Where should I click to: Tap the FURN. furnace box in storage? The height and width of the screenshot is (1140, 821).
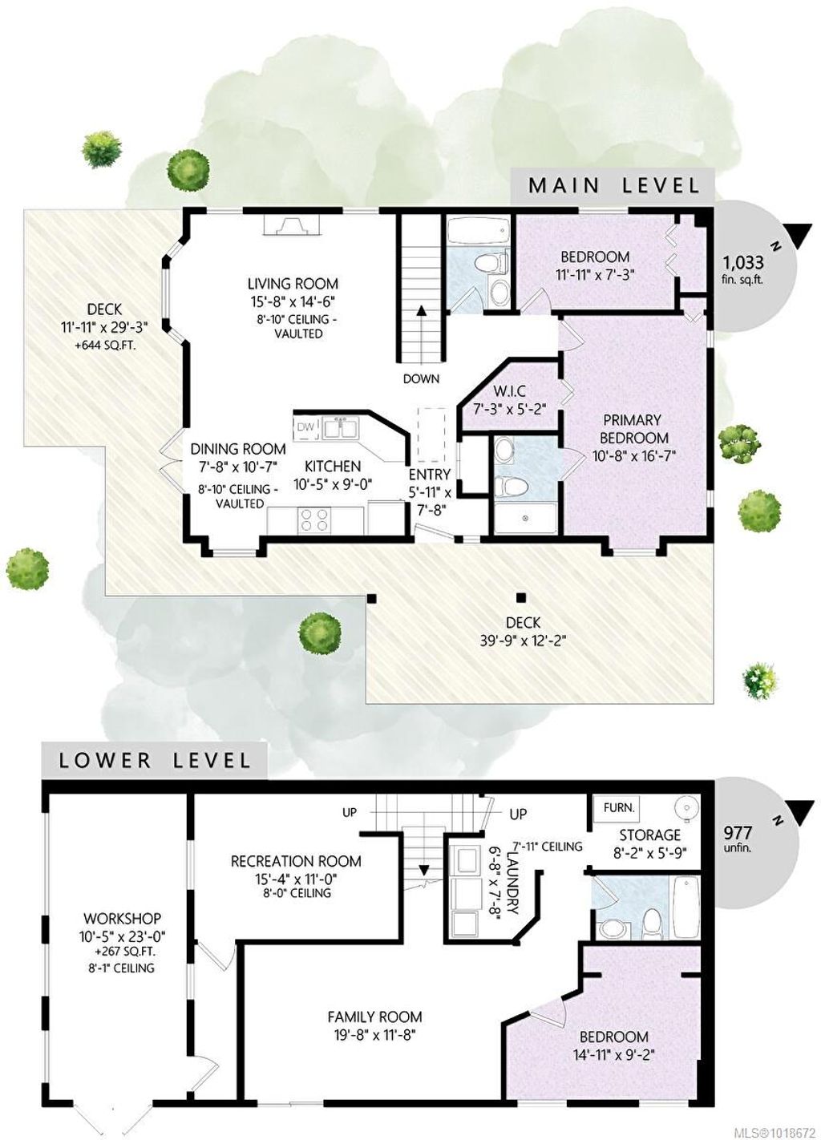[x=618, y=807]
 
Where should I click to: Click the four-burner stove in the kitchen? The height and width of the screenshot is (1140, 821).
[x=314, y=519]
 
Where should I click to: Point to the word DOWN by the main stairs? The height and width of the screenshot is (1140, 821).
[x=421, y=378]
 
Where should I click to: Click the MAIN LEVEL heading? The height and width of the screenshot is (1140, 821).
[x=614, y=186]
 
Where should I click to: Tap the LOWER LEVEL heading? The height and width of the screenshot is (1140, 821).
[x=156, y=760]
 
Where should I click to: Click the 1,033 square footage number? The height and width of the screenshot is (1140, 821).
[x=744, y=263]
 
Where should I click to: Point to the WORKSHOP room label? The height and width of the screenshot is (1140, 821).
[x=122, y=919]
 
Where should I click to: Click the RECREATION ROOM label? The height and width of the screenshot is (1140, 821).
[x=296, y=861]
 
